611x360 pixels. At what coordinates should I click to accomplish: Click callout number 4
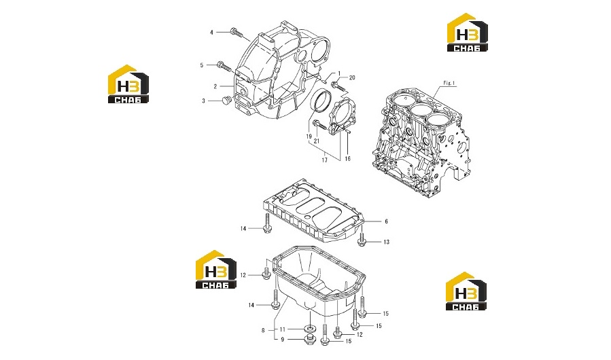point(211,33)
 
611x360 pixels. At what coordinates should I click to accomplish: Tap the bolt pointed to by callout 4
point(234,33)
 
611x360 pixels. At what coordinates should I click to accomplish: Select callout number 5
point(201,65)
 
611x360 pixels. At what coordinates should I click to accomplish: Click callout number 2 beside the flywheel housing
point(215,86)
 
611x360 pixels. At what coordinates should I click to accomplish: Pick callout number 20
point(352,77)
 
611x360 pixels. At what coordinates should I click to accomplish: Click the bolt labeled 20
point(338,86)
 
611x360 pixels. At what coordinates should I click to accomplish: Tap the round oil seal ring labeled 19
point(322,103)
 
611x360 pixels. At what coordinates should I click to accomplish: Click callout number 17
point(325,160)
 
